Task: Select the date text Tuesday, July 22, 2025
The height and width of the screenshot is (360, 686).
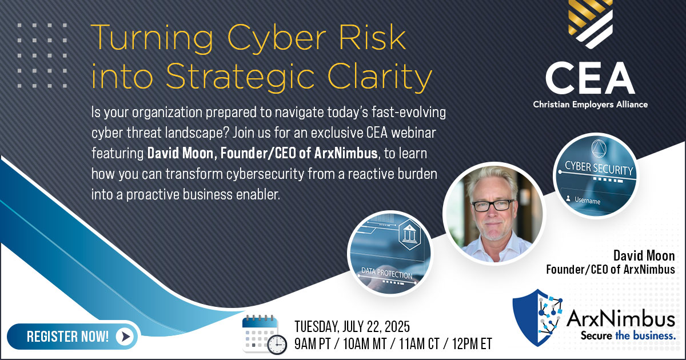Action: pos(352,327)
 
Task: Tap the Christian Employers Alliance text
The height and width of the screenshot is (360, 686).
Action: pos(589,105)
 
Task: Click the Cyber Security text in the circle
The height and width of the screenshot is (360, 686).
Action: pos(599,170)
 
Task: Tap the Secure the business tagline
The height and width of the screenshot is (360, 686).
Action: pos(628,337)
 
